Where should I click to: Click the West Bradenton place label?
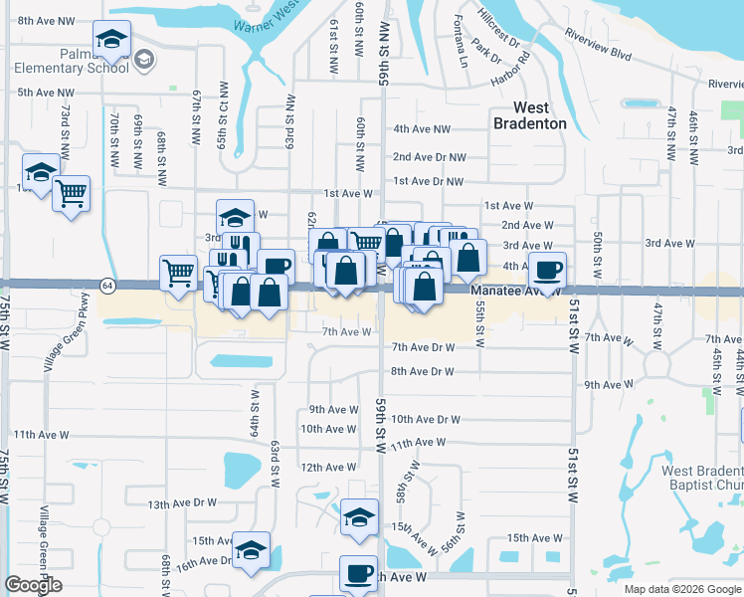coord(531,114)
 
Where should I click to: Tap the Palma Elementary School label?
coord(71,61)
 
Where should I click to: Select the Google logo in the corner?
coord(33,584)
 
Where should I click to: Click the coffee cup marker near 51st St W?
coord(546,270)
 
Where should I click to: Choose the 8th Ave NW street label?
coord(46,20)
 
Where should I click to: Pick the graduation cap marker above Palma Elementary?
coord(112,41)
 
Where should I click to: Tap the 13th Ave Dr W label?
coord(182,503)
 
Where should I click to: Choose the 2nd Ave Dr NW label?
coord(429,156)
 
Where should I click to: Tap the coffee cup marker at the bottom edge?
coord(358,574)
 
